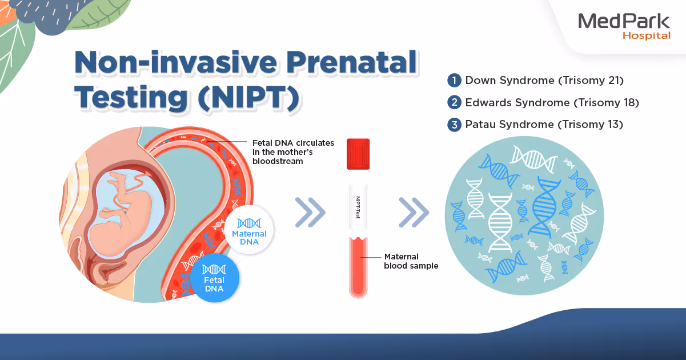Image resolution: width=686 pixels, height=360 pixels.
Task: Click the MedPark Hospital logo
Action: pos(624,26)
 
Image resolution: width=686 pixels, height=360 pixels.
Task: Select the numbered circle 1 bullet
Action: pos(454,81)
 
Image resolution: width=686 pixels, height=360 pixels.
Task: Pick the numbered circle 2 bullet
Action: pos(454,103)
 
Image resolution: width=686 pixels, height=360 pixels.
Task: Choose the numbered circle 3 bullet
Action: pos(454,125)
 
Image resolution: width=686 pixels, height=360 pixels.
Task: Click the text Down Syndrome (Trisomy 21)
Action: pos(544,81)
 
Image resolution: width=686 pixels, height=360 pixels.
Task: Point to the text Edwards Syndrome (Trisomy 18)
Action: pos(552,103)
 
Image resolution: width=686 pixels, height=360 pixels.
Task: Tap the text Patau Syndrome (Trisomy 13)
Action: pos(544,125)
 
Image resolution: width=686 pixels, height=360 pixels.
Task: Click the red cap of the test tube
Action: pos(358,154)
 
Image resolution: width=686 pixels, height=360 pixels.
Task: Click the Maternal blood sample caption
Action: pos(411,261)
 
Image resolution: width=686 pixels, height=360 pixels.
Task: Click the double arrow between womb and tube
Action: pos(310,213)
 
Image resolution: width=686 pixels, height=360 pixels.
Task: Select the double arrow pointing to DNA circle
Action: pos(414,213)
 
